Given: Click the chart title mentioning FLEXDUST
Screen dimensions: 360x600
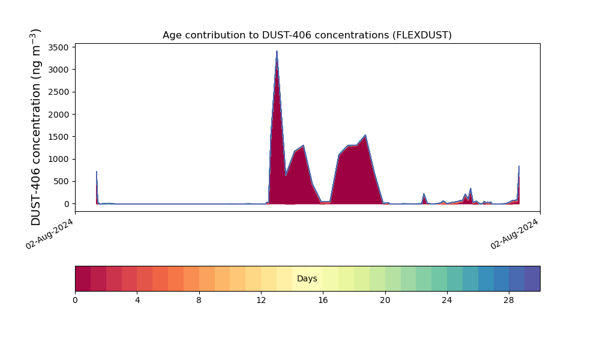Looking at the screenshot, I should [x=307, y=35].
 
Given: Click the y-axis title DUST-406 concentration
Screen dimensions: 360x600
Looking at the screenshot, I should [x=36, y=127].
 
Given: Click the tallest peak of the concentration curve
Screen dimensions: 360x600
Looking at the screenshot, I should [x=277, y=52].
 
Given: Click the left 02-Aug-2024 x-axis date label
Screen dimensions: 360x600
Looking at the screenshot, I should [x=50, y=233].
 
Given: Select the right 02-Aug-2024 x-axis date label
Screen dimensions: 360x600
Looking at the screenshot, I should [x=515, y=233].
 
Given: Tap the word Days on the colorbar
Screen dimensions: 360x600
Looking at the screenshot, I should [x=307, y=279].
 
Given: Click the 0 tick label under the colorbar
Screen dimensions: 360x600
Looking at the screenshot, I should [x=75, y=300].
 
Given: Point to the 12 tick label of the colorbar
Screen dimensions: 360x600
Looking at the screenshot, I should [x=261, y=300].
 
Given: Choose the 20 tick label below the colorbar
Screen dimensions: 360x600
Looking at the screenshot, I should [x=385, y=300].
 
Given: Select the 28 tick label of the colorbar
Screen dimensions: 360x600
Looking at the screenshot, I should [x=509, y=300].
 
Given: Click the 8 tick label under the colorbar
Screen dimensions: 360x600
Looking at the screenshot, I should [x=199, y=300].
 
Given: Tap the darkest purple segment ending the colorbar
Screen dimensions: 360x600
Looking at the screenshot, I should [x=532, y=278].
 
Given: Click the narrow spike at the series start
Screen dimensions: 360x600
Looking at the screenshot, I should [x=97, y=180].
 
